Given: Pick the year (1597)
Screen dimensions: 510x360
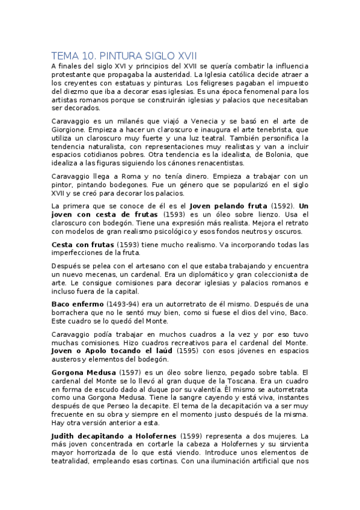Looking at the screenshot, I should coord(131,372).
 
